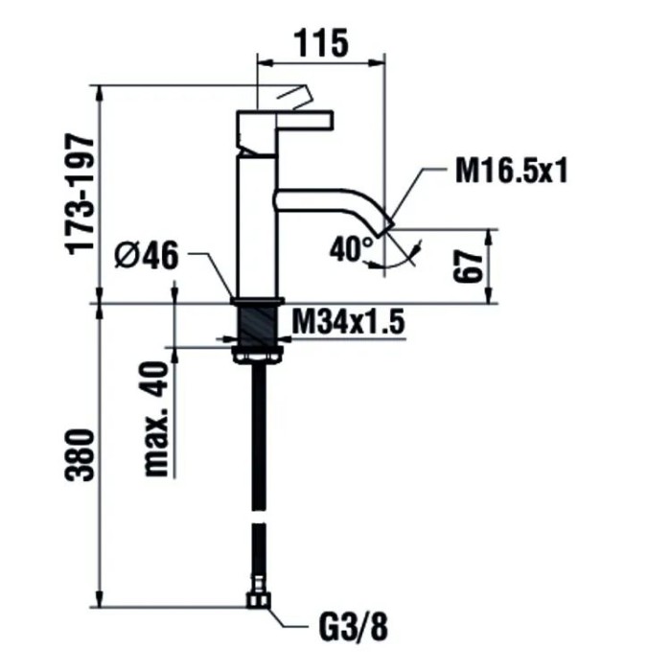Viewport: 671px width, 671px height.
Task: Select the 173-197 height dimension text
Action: [x=83, y=193]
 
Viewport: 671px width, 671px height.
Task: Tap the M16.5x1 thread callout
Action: [x=511, y=173]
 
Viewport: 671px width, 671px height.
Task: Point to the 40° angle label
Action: [x=350, y=249]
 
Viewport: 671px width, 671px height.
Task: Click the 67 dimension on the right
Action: [x=467, y=266]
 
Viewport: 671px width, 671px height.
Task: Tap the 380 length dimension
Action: [x=83, y=460]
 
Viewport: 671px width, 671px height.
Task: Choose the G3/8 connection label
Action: [x=352, y=627]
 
